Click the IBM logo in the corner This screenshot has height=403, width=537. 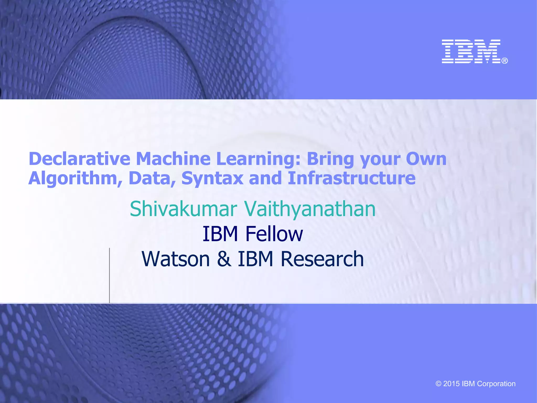tap(471, 51)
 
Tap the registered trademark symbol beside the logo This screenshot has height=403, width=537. tap(505, 61)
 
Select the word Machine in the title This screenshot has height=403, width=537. tap(173, 159)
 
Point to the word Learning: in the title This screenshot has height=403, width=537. tap(258, 160)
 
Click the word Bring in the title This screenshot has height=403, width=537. tap(330, 159)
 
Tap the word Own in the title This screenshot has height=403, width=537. tap(426, 159)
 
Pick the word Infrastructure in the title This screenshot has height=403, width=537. tap(351, 178)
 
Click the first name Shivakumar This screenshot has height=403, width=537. tap(184, 209)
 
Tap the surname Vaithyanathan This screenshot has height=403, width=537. tap(310, 209)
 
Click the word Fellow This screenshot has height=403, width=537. tap(274, 234)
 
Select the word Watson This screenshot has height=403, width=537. tap(176, 259)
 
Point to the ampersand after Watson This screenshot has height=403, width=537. tap(224, 259)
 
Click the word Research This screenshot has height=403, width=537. tap(322, 259)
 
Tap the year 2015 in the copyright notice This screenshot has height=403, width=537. tap(451, 384)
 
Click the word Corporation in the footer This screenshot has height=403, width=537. tap(496, 384)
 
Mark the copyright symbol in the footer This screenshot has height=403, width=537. tap(438, 384)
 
